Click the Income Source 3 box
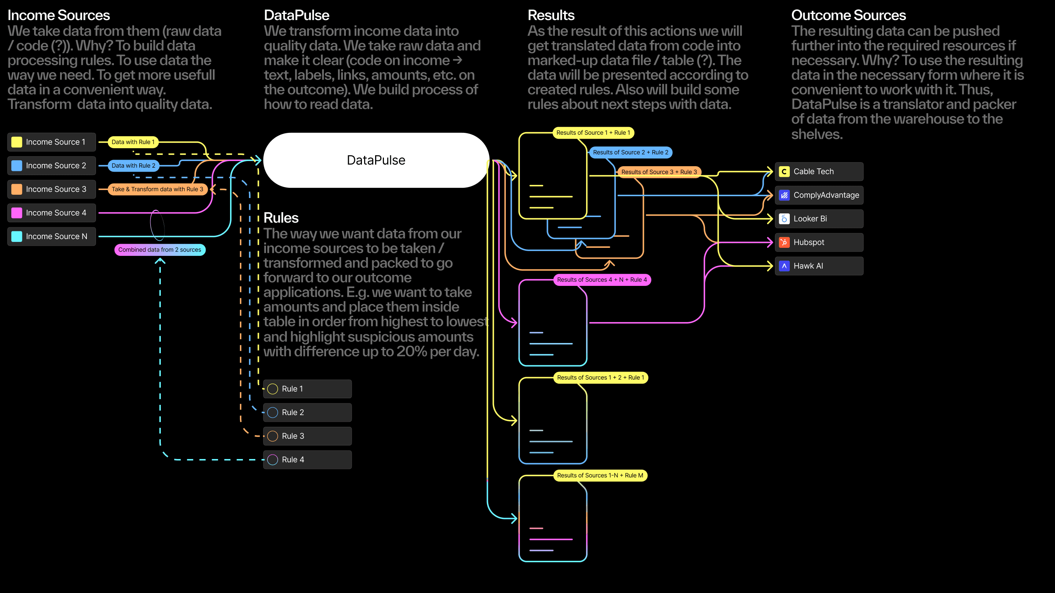pyautogui.click(x=52, y=189)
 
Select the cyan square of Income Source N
pyautogui.click(x=17, y=236)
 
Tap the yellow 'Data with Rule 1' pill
pyautogui.click(x=133, y=142)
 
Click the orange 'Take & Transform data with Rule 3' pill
pyautogui.click(x=157, y=189)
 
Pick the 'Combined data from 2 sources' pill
pyautogui.click(x=160, y=250)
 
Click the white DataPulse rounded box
pyautogui.click(x=376, y=160)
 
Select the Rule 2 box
pyautogui.click(x=307, y=412)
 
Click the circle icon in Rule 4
pyautogui.click(x=272, y=460)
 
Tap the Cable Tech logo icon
pyautogui.click(x=784, y=171)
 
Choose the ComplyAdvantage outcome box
pyautogui.click(x=819, y=195)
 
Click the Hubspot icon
pyautogui.click(x=784, y=242)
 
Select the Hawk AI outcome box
pyautogui.click(x=819, y=266)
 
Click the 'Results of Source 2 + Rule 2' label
pyautogui.click(x=630, y=152)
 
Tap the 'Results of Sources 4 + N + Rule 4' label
pyautogui.click(x=601, y=280)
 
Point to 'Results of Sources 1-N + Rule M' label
pyautogui.click(x=600, y=475)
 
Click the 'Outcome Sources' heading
pyautogui.click(x=848, y=15)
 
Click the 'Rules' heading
pyautogui.click(x=281, y=218)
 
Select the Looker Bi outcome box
pyautogui.click(x=819, y=219)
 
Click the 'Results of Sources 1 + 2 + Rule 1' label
pyautogui.click(x=600, y=377)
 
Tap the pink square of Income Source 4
pyautogui.click(x=17, y=213)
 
